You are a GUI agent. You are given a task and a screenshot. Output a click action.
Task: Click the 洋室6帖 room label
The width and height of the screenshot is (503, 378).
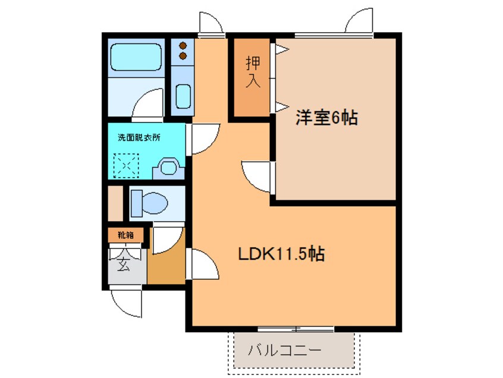326,118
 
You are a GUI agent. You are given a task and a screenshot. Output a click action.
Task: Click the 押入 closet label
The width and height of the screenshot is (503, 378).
253,72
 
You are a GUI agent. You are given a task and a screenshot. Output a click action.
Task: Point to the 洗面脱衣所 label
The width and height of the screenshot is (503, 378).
139,137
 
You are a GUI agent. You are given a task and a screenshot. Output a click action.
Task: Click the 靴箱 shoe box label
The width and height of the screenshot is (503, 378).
125,235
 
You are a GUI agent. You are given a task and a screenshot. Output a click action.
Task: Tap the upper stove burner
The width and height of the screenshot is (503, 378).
183,45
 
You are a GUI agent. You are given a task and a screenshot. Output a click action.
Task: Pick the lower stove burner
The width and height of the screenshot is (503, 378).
183,56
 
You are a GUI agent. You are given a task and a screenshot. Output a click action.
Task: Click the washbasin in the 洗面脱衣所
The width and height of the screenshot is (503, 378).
169,168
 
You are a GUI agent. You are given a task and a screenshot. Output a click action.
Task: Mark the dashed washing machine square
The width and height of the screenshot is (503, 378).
126,165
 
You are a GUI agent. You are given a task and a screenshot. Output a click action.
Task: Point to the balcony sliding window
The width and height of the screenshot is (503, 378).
295,328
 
